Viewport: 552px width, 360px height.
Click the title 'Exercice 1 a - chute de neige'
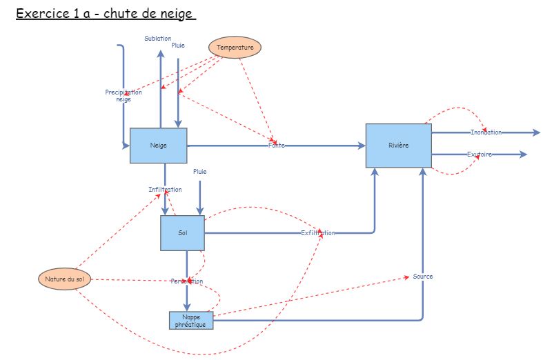coord(106,14)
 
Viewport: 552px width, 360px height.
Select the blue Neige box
coord(159,146)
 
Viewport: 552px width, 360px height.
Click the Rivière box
coord(398,146)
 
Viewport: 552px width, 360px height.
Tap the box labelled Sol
coord(183,233)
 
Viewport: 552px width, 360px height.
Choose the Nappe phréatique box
coord(191,320)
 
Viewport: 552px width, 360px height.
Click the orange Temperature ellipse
coord(235,48)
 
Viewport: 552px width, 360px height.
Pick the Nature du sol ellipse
coord(64,279)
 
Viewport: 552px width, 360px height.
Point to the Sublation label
coord(158,39)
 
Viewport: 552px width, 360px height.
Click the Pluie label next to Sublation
coord(178,46)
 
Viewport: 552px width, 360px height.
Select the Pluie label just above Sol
coord(199,172)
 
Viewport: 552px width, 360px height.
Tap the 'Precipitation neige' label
coord(124,96)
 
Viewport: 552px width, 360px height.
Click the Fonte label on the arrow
coord(277,146)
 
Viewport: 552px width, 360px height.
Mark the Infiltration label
coord(165,189)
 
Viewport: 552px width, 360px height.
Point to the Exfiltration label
coord(318,233)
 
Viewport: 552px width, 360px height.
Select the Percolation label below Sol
coord(187,281)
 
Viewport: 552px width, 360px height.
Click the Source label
coord(423,277)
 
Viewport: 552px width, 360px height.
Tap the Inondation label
coord(486,132)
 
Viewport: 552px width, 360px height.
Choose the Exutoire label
coord(480,154)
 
